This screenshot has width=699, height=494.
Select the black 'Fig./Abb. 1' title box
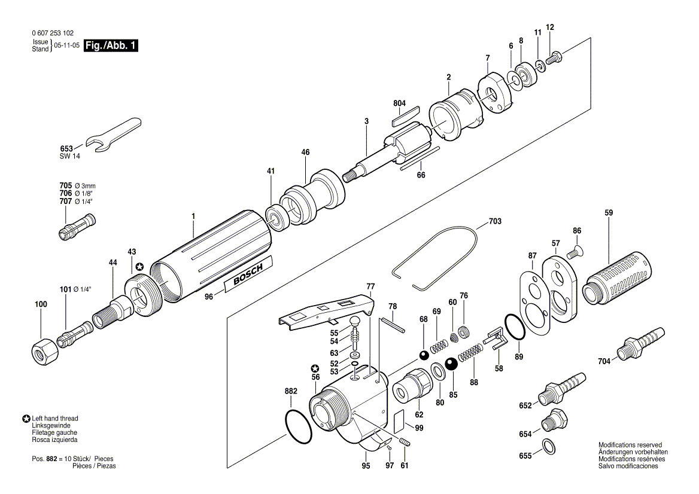click(111, 45)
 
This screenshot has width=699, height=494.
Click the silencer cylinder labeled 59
click(617, 278)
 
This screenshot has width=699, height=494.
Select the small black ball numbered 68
click(424, 355)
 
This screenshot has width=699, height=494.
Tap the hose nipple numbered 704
click(641, 343)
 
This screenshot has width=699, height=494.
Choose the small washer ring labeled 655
click(549, 447)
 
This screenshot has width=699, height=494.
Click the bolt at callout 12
click(554, 59)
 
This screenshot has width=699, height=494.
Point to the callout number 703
click(495, 221)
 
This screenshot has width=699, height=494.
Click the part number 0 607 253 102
click(53, 33)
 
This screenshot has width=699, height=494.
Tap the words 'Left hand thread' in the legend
click(55, 418)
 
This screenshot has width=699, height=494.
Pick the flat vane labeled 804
click(406, 116)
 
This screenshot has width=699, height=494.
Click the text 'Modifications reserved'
click(630, 444)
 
